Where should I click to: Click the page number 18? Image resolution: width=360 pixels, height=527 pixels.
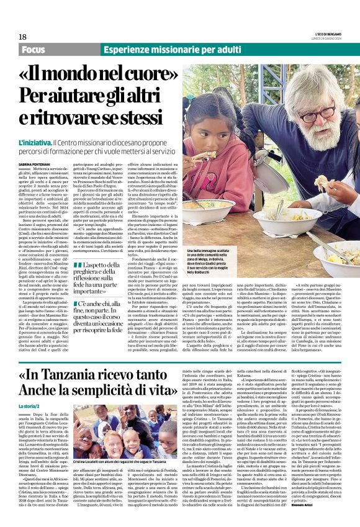coord(22,37)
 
